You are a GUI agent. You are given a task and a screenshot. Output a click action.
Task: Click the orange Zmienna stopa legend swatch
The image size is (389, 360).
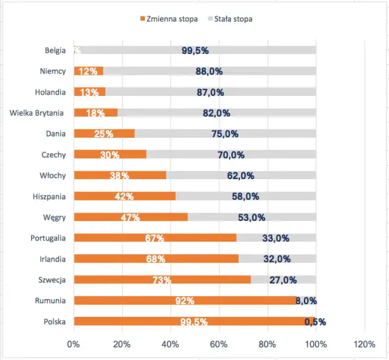[x=143, y=19]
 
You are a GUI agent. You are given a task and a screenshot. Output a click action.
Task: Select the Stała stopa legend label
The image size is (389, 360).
[x=233, y=19]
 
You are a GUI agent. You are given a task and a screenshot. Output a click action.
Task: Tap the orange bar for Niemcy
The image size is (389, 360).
[x=89, y=71]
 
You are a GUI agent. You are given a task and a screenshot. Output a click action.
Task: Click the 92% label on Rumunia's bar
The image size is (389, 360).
[x=185, y=301]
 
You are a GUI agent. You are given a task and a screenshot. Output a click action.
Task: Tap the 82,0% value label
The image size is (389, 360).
[x=216, y=113]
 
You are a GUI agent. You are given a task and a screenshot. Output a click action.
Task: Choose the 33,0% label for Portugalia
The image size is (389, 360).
[x=276, y=238]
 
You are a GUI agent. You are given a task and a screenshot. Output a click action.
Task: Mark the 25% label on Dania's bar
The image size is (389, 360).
[x=104, y=134]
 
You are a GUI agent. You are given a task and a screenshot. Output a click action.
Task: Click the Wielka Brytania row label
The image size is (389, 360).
[x=38, y=112]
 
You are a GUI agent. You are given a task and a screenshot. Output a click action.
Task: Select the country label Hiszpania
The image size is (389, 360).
[x=49, y=196]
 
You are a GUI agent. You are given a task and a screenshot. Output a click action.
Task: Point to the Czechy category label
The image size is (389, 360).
[x=53, y=154]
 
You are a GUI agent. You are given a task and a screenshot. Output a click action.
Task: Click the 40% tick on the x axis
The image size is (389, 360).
[x=170, y=344]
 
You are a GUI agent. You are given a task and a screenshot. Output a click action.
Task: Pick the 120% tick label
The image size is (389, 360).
[x=364, y=344]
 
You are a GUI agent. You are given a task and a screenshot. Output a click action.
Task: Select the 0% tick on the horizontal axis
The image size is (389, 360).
[x=74, y=344]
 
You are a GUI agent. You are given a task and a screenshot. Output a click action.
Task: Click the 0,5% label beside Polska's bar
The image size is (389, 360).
[x=315, y=322]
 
